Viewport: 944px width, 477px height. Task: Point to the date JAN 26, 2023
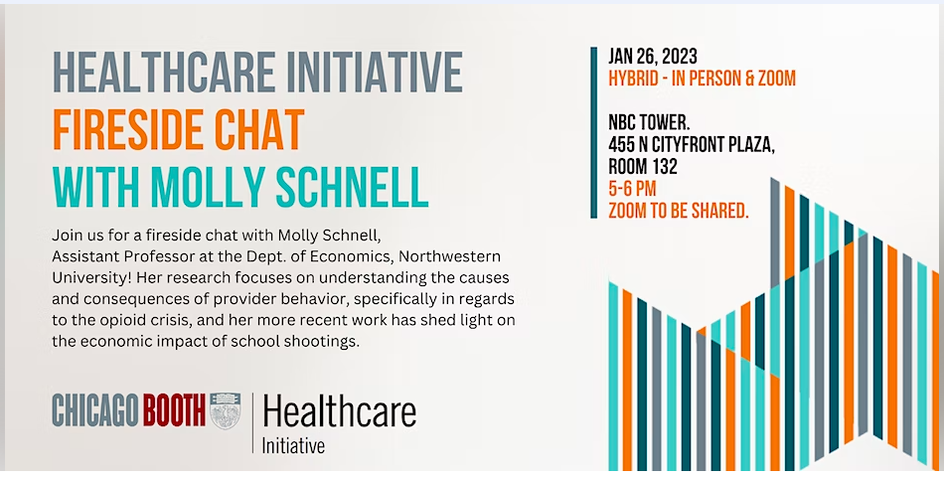(653, 57)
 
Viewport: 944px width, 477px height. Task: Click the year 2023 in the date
(679, 57)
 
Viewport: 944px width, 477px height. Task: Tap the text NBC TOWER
(649, 123)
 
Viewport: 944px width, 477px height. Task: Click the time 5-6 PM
(632, 189)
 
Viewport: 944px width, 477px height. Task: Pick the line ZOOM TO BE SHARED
(679, 211)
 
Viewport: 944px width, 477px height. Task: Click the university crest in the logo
(226, 410)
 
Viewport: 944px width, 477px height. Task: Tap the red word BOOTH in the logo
(174, 410)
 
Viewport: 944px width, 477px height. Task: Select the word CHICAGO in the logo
(95, 410)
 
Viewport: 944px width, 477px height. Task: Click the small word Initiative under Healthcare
(293, 445)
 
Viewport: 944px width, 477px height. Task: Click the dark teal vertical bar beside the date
(593, 132)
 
